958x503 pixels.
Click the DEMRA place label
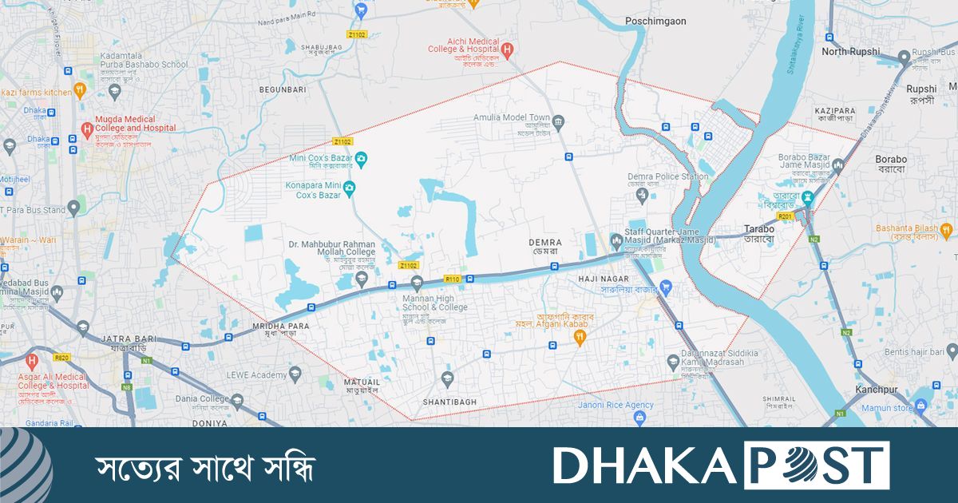[x=545, y=242]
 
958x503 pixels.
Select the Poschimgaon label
[x=656, y=22]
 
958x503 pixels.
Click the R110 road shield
[x=453, y=279]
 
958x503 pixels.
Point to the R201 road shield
[x=786, y=216]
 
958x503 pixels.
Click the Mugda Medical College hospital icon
[x=87, y=128]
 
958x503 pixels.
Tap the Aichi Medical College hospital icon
[x=508, y=49]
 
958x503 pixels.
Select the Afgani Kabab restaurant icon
[x=580, y=338]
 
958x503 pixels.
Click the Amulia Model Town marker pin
[x=558, y=122]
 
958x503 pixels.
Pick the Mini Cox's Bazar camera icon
[x=361, y=159]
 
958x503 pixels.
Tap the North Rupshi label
[x=851, y=51]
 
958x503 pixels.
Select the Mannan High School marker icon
[x=416, y=283]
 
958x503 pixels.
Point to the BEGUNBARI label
[x=283, y=90]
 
